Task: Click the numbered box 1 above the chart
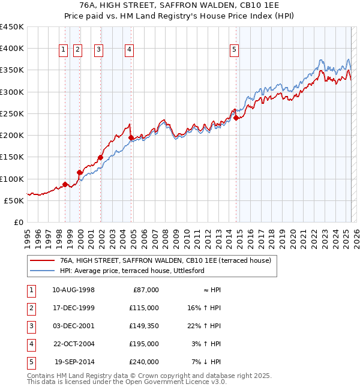pyautogui.click(x=63, y=50)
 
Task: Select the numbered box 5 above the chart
pyautogui.click(x=234, y=50)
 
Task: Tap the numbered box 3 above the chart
pyautogui.click(x=98, y=50)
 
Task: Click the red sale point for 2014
pyautogui.click(x=236, y=118)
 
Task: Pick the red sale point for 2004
pyautogui.click(x=131, y=137)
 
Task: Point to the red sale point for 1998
pyautogui.click(x=65, y=184)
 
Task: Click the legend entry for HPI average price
pyautogui.click(x=132, y=271)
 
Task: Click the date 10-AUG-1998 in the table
pyautogui.click(x=74, y=290)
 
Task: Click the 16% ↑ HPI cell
pyautogui.click(x=204, y=308)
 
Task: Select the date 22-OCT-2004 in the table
pyautogui.click(x=74, y=344)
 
